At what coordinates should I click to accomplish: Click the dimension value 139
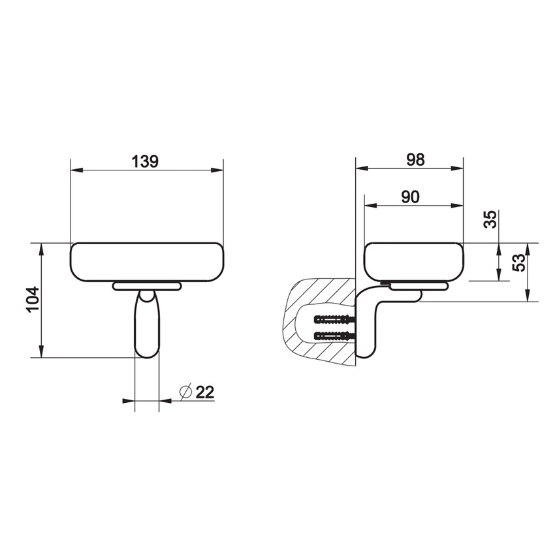point(145,161)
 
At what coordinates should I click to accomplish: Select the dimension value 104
point(33,300)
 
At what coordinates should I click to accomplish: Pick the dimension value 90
point(410,197)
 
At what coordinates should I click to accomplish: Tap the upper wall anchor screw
point(334,321)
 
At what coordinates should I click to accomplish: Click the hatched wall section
point(307,294)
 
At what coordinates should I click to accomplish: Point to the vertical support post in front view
point(146,325)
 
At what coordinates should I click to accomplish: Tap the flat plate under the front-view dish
point(146,286)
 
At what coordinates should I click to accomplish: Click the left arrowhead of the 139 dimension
point(74,171)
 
